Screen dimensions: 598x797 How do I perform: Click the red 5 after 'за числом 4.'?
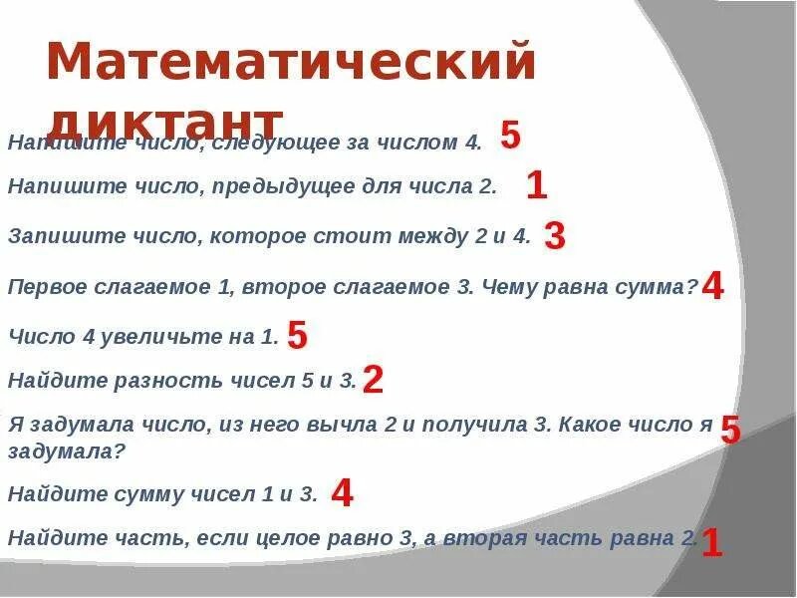(510, 136)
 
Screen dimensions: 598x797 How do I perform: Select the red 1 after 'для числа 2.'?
(536, 185)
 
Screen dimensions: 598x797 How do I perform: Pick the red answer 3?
(556, 236)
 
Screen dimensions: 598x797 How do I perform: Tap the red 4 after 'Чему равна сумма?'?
(712, 287)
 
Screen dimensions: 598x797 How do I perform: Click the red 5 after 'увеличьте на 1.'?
(297, 336)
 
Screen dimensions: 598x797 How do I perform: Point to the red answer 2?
(374, 379)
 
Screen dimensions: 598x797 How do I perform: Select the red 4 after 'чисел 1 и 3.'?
(342, 491)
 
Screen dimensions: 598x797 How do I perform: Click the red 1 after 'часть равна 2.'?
(711, 543)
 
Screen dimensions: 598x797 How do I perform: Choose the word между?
(424, 237)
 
